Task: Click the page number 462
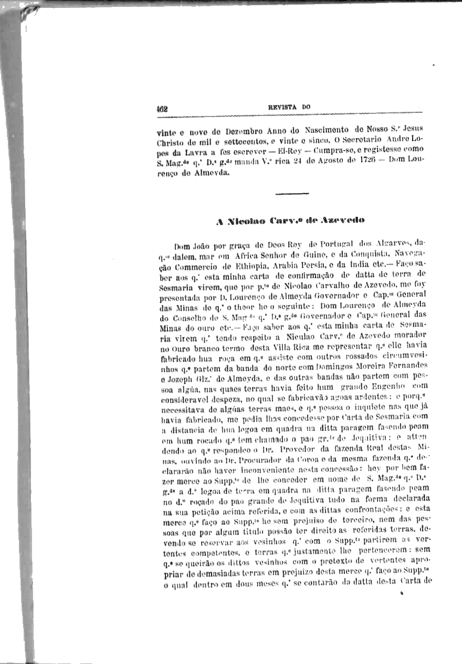click(x=162, y=109)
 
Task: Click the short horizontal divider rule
click(x=292, y=194)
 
